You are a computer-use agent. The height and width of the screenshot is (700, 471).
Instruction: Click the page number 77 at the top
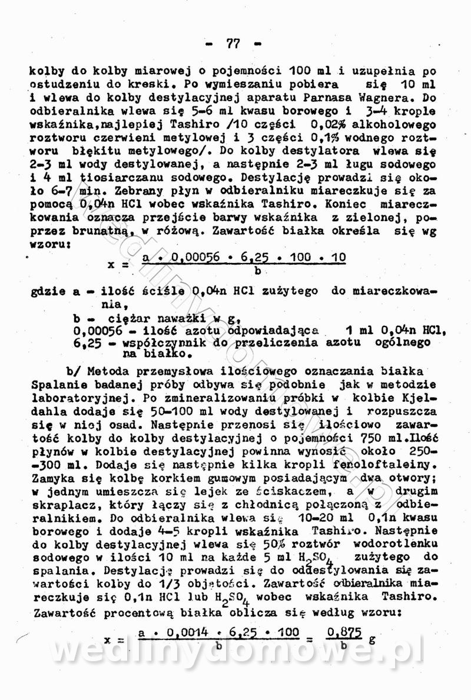233,43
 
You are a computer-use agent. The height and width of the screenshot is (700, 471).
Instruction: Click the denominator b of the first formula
257,271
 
